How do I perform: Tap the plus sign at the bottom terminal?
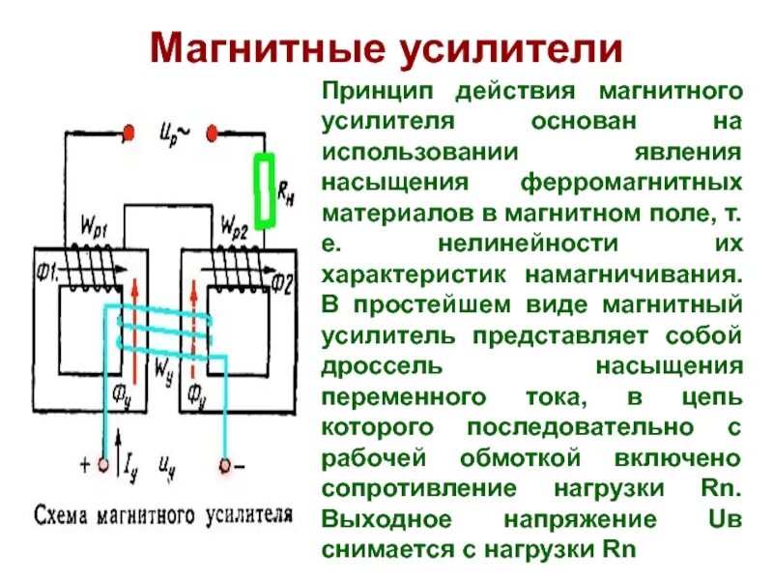(x=86, y=465)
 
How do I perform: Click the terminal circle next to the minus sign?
(x=225, y=466)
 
